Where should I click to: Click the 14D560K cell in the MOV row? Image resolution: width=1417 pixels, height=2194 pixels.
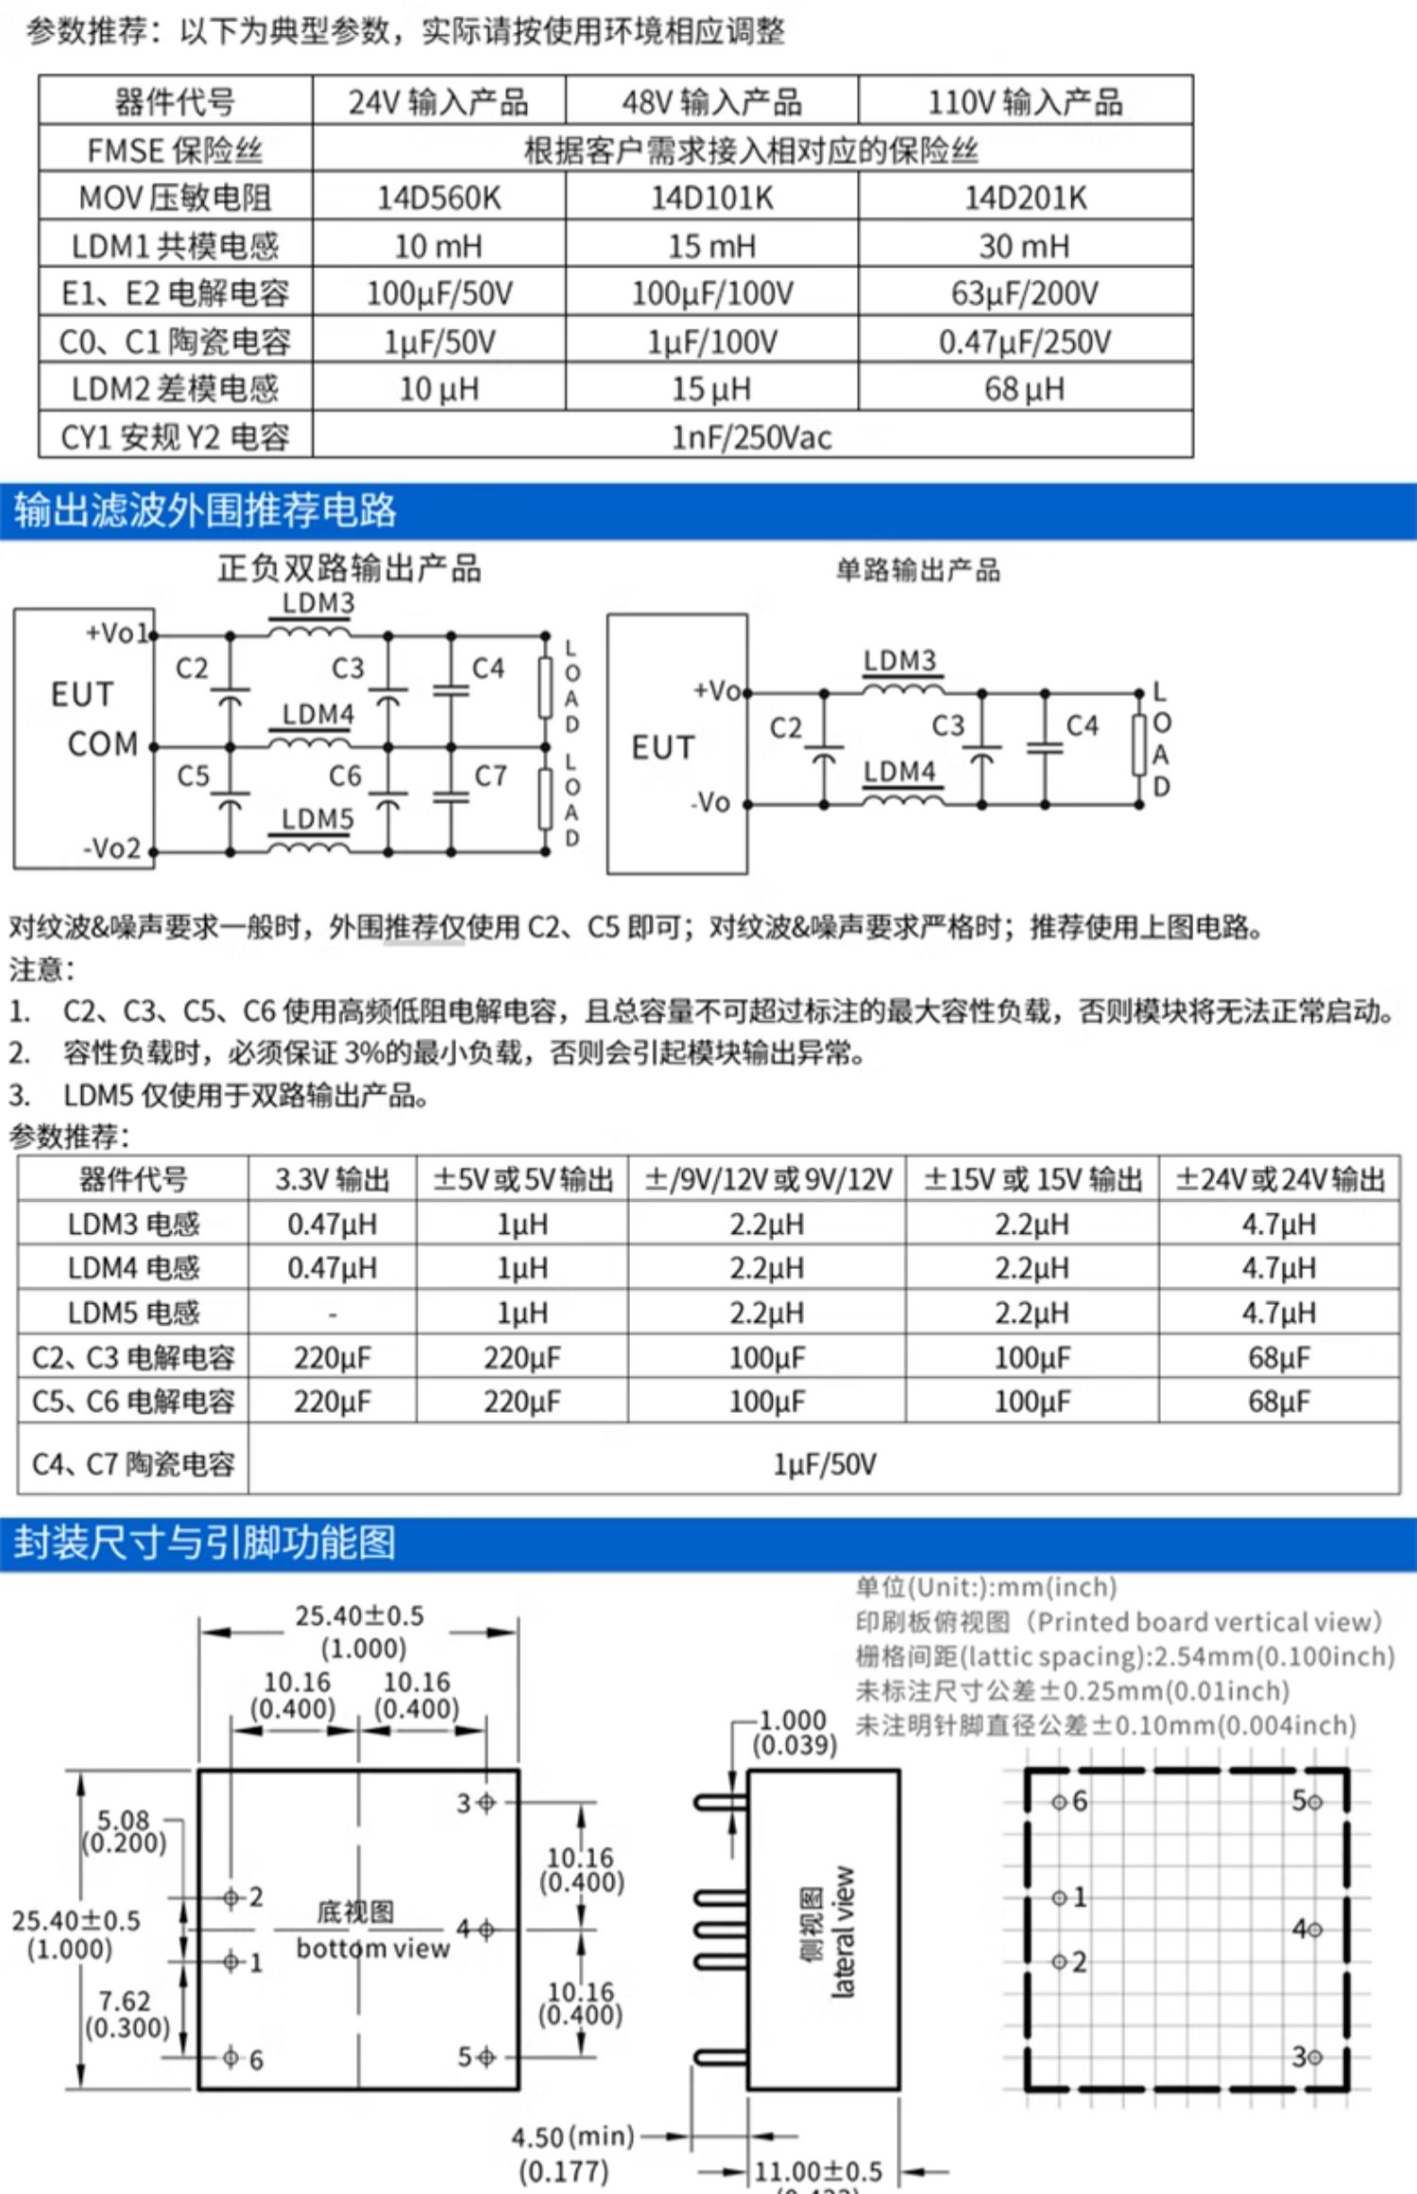coord(438,197)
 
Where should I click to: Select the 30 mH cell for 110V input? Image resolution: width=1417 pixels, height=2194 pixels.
coord(1024,246)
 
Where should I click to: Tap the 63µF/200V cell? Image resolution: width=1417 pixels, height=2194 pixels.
coord(1024,293)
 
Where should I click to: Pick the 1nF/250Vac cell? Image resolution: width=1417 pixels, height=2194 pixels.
coord(752,437)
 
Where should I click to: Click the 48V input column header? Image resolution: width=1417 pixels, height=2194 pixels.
coord(711,101)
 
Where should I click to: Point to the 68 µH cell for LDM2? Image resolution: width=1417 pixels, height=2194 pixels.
coord(1024,388)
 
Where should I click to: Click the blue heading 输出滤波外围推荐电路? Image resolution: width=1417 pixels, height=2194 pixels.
coord(205,510)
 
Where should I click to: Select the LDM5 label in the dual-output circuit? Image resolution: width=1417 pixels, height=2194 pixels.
coord(317,818)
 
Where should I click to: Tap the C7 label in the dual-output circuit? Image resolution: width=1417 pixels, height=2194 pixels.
coord(490,776)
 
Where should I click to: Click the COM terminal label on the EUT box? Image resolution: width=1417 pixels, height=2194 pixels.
coord(102,744)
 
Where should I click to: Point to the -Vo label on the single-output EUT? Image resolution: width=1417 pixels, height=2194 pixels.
coord(710,802)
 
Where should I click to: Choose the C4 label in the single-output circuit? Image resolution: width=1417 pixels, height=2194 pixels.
coord(1082,725)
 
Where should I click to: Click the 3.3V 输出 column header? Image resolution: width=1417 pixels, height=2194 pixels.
coord(333,1178)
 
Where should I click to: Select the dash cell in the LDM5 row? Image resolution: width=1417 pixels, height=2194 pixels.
coord(333,1313)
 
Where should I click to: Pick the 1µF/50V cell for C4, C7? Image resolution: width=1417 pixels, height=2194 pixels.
coord(824,1464)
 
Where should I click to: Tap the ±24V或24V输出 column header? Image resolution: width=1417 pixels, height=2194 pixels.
coord(1279,1178)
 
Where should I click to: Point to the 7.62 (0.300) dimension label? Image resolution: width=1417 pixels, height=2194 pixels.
coord(127,2014)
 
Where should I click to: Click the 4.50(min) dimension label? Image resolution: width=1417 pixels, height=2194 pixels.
coord(572,2136)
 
